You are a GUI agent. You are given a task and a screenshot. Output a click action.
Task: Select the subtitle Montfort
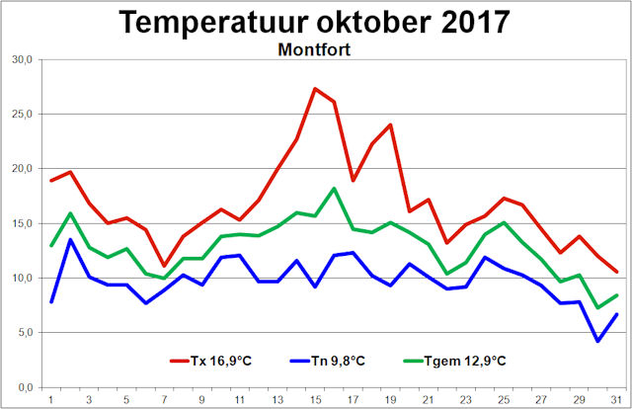pyautogui.click(x=315, y=49)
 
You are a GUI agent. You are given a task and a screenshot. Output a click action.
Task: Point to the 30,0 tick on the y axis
pyautogui.click(x=21, y=59)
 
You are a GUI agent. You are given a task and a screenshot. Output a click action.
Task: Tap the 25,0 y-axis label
pyautogui.click(x=21, y=114)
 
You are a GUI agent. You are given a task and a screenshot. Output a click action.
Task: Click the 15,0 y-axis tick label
pyautogui.click(x=21, y=223)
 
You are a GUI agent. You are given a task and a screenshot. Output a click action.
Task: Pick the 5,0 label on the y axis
pyautogui.click(x=23, y=332)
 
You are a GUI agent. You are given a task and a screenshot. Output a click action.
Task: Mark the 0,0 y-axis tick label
pyautogui.click(x=23, y=387)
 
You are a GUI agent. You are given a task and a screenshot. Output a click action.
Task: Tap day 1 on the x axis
pyautogui.click(x=50, y=400)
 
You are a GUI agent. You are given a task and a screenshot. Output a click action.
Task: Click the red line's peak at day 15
pyautogui.click(x=315, y=89)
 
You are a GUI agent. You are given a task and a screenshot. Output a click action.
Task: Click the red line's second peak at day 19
pyautogui.click(x=391, y=124)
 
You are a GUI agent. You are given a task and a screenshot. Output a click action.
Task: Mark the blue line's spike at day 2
pyautogui.click(x=70, y=239)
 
